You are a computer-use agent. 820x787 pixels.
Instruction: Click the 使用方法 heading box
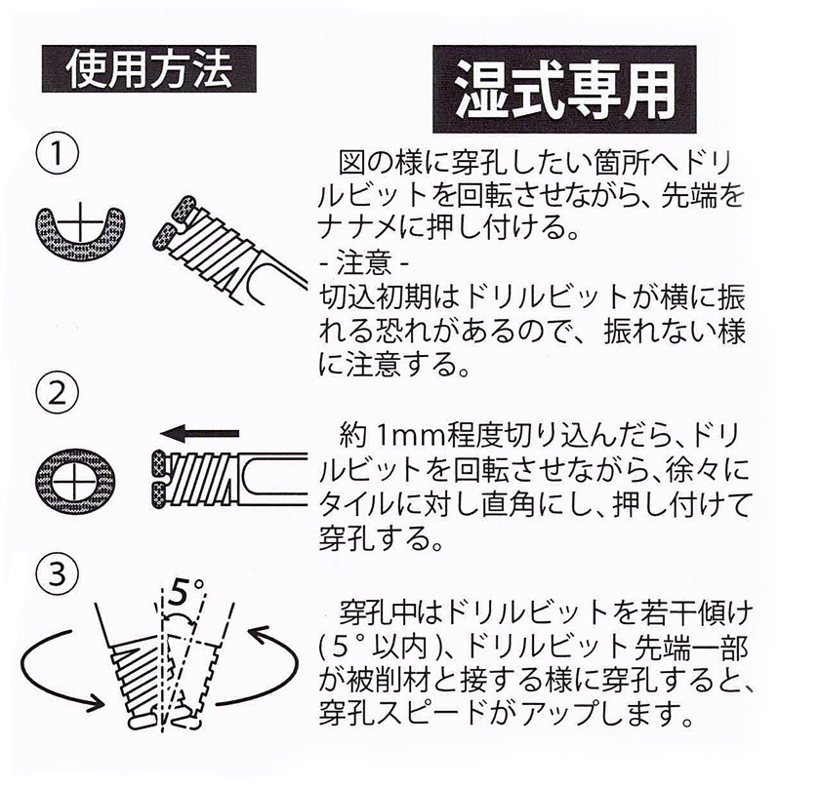click(149, 69)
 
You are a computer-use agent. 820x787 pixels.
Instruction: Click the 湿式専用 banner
click(564, 90)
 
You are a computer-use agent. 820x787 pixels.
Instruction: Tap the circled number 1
click(58, 155)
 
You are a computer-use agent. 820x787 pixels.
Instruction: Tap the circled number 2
click(58, 394)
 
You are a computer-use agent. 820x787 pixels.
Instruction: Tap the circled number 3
click(58, 573)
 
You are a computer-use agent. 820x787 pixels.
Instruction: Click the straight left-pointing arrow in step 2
click(200, 433)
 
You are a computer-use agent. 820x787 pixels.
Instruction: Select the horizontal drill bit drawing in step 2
click(229, 479)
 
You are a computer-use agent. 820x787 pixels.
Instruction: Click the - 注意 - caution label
click(364, 264)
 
